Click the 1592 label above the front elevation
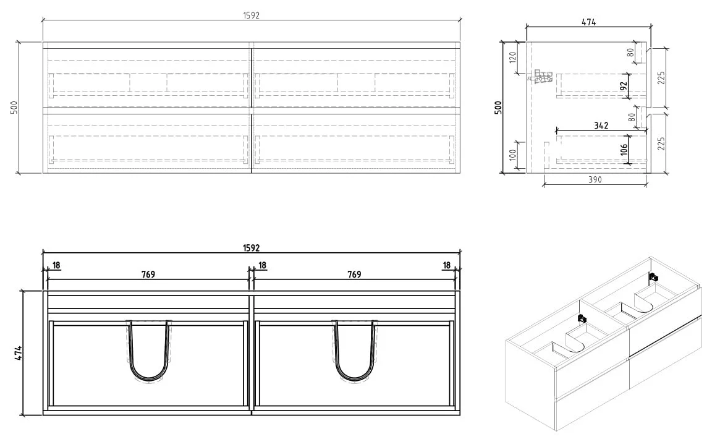[251, 15]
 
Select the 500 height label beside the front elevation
[14, 108]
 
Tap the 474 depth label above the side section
[589, 22]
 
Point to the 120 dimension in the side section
[513, 57]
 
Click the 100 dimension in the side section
[513, 155]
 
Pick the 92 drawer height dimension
[623, 86]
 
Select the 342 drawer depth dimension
[601, 125]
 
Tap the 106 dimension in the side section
[623, 149]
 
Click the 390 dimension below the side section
[595, 180]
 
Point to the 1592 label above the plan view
[251, 248]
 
